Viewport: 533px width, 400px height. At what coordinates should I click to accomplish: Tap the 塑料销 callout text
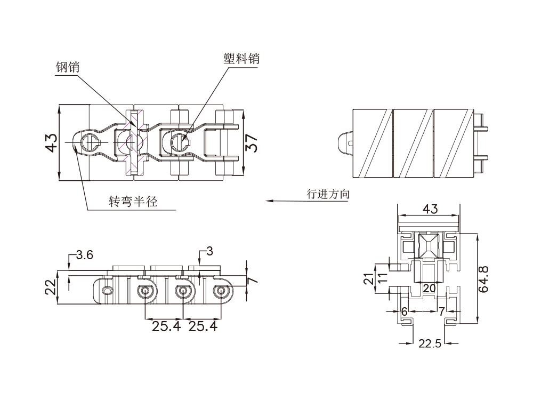[241, 59]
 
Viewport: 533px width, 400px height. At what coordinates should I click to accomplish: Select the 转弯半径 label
[133, 202]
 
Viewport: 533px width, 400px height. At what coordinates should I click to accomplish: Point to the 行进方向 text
[328, 194]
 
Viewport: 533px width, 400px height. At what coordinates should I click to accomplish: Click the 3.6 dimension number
[84, 255]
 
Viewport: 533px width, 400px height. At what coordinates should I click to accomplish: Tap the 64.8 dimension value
[484, 280]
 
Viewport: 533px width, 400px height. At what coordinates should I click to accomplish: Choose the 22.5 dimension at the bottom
[430, 344]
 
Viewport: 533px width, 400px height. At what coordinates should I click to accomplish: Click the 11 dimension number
[382, 278]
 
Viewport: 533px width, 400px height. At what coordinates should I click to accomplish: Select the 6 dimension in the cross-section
[404, 311]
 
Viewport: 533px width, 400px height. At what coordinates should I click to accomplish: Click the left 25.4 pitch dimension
[165, 326]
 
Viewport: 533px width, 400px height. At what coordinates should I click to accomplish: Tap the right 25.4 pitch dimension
[203, 326]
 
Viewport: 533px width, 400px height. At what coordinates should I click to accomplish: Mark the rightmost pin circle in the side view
[221, 291]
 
